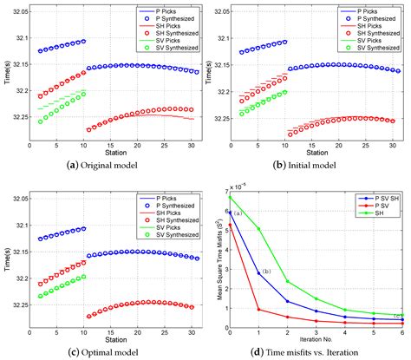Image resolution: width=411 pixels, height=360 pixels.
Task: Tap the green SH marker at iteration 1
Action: click(x=259, y=229)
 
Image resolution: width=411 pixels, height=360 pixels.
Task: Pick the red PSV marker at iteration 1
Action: click(x=259, y=309)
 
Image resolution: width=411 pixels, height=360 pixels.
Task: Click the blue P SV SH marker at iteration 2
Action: click(x=288, y=301)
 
